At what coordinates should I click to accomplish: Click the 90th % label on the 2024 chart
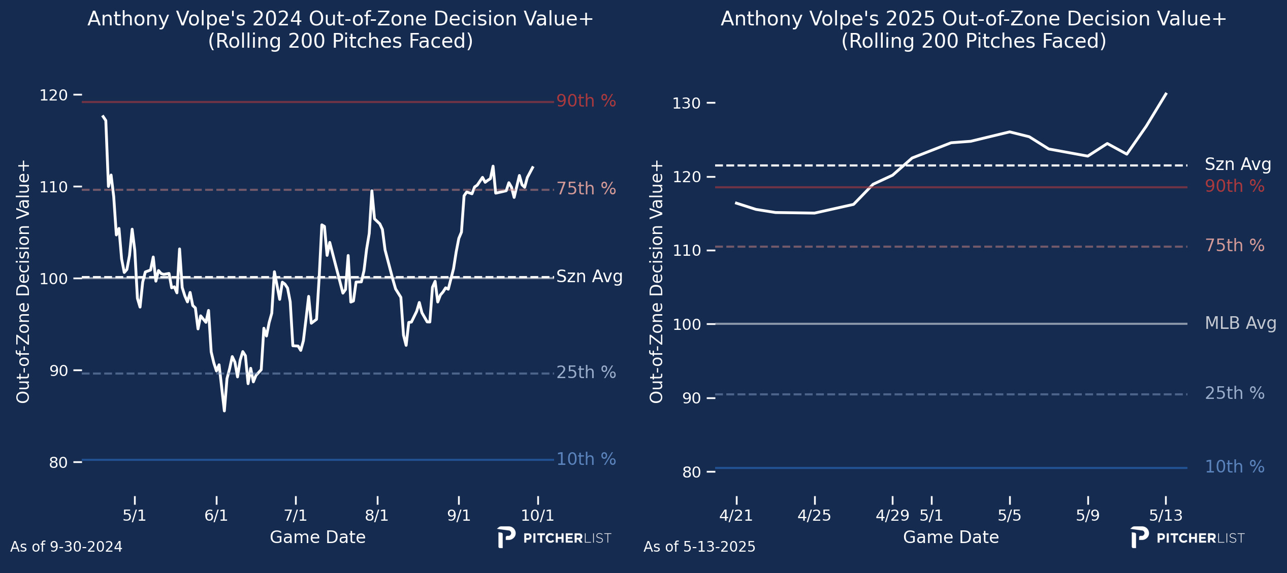click(x=586, y=101)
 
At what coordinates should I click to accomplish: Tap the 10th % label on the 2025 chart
click(x=1235, y=467)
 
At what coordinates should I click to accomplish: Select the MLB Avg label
click(x=1240, y=323)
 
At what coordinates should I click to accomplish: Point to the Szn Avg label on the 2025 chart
click(x=1238, y=164)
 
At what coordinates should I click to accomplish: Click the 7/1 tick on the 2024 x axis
click(x=296, y=516)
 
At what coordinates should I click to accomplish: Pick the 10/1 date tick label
click(x=537, y=516)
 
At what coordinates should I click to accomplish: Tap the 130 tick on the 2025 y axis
click(x=686, y=104)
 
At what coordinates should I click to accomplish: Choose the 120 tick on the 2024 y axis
click(x=53, y=95)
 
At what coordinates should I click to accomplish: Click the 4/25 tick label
click(x=814, y=516)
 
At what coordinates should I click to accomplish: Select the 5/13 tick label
click(x=1166, y=516)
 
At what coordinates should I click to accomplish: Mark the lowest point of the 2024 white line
click(x=224, y=411)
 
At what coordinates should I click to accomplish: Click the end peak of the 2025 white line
click(x=1166, y=93)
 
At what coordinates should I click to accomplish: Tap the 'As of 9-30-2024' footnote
click(x=66, y=547)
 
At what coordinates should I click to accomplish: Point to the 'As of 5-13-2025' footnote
click(x=699, y=547)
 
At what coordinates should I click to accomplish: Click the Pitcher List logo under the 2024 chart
click(x=554, y=538)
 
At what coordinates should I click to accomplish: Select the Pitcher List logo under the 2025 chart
click(x=1187, y=538)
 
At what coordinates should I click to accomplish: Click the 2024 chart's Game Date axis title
click(x=317, y=537)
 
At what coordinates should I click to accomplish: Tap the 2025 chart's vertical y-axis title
click(x=656, y=282)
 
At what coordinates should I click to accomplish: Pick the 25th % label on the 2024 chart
click(x=586, y=373)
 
